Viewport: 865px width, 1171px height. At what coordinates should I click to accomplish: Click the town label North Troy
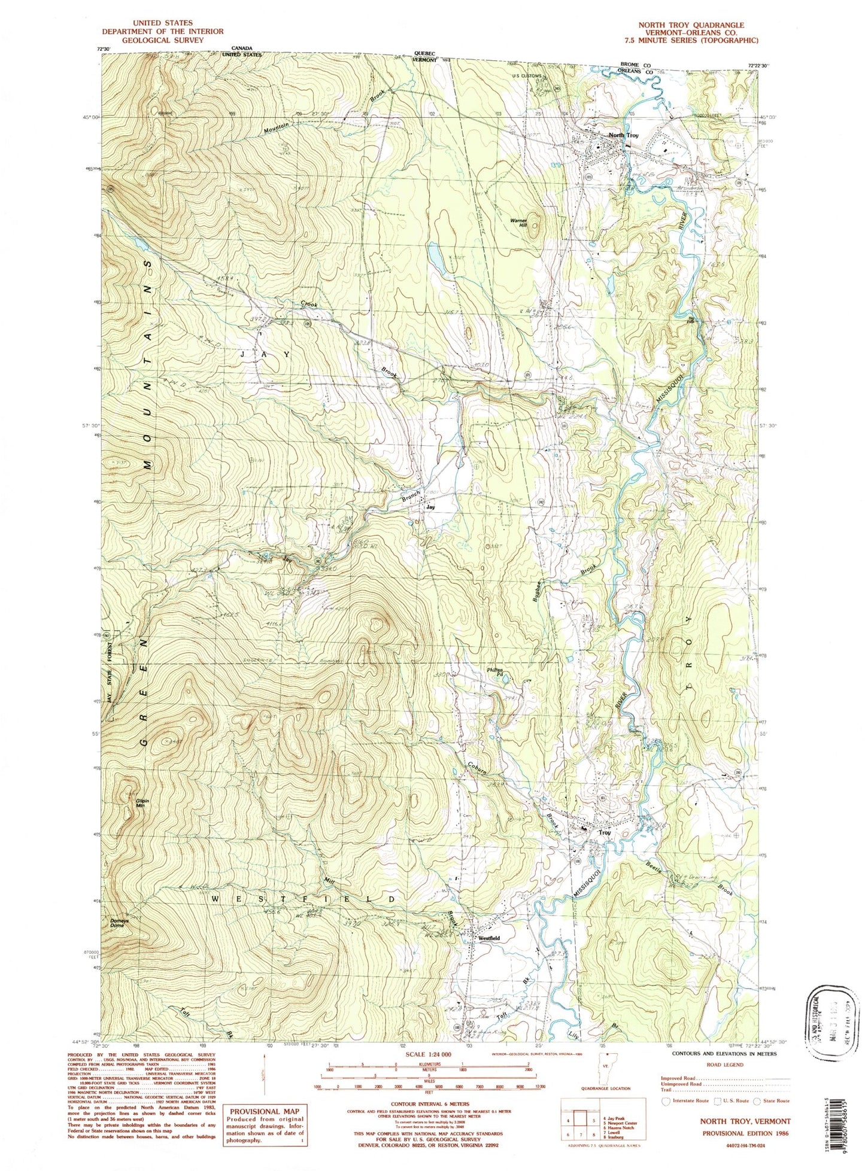623,135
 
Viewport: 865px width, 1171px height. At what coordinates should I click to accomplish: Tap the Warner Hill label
518,223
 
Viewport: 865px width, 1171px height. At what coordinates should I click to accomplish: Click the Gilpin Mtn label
141,804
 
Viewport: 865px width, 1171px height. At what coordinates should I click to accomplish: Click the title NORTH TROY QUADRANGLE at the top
691,26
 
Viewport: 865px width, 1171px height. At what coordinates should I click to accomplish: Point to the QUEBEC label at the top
426,53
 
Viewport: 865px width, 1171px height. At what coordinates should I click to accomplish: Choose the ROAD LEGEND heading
725,1064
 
